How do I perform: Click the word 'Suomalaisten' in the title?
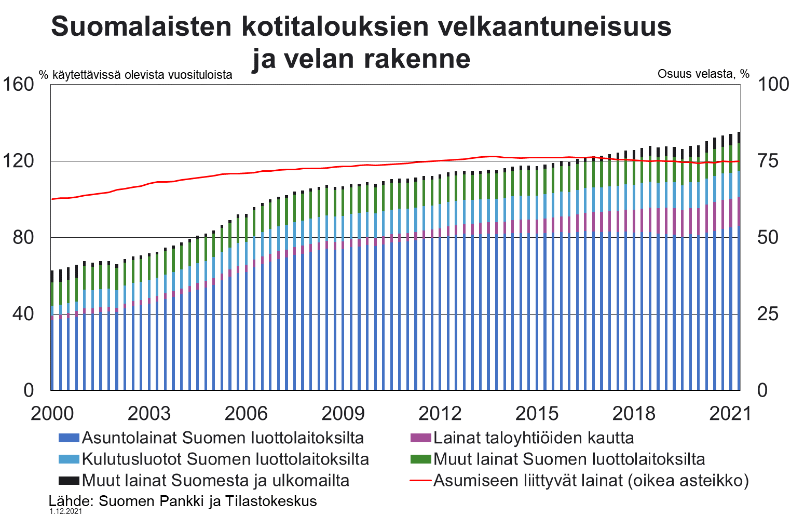click(x=141, y=27)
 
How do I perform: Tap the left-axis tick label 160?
click(x=18, y=84)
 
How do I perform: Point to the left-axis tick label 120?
click(x=18, y=161)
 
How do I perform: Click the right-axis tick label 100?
click(x=773, y=84)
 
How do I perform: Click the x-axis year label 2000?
click(x=52, y=414)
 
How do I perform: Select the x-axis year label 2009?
click(x=343, y=414)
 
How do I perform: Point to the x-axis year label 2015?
click(x=537, y=414)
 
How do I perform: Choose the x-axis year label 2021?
click(x=730, y=414)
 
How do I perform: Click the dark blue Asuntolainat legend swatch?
click(x=69, y=438)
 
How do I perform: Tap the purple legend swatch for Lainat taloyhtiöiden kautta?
click(x=420, y=438)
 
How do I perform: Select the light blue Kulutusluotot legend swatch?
click(x=69, y=459)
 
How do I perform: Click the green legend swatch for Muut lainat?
click(x=420, y=459)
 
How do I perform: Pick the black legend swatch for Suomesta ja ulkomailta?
click(x=69, y=481)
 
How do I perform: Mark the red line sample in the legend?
click(x=420, y=481)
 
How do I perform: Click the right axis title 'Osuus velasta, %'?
click(x=703, y=74)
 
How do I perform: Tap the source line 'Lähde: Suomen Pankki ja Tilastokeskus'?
click(x=183, y=501)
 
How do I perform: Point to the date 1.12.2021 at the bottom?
click(x=66, y=512)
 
